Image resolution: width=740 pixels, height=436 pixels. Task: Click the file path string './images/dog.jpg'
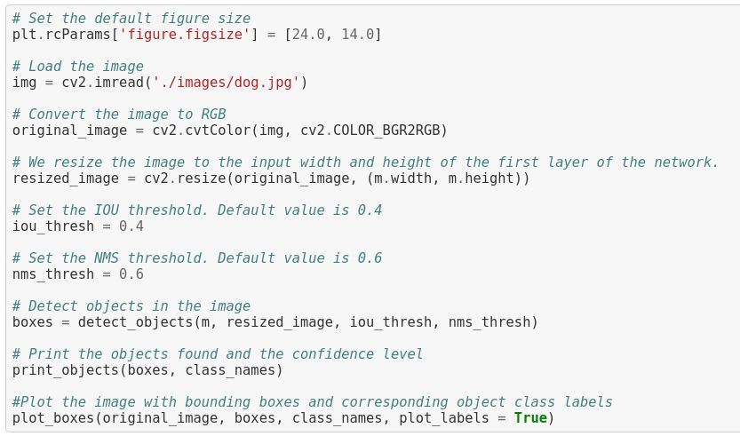[227, 83]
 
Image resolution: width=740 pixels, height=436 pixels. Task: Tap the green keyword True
[530, 417]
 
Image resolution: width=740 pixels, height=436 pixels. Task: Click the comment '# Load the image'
[78, 67]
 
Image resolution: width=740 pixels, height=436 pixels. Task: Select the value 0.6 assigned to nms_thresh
[131, 274]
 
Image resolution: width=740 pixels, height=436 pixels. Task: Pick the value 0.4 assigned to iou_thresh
[131, 226]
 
